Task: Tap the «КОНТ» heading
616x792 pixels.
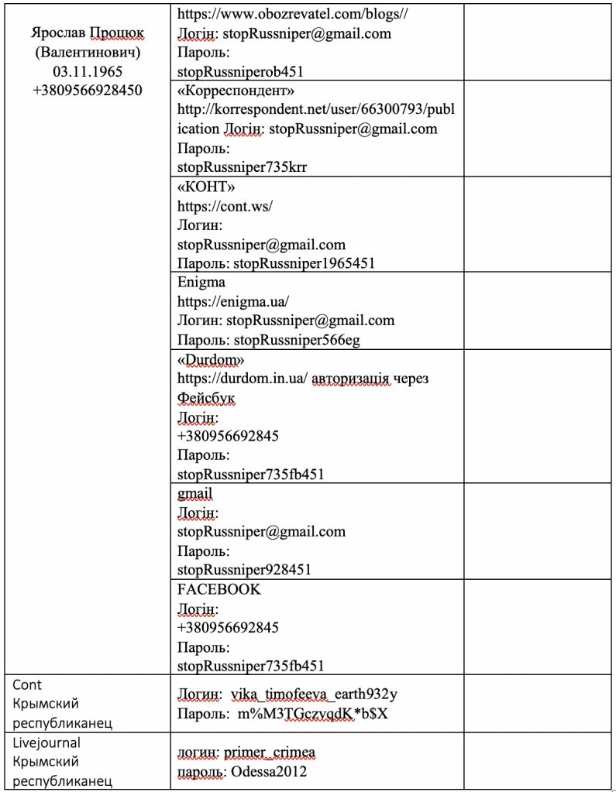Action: point(206,187)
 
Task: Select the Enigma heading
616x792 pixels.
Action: point(201,283)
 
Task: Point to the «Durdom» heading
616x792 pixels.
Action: point(211,360)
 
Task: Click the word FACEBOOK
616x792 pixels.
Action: point(219,589)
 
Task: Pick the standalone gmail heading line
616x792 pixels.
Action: point(194,493)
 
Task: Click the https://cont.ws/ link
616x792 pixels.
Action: point(225,207)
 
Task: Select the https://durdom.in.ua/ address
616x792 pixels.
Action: point(243,379)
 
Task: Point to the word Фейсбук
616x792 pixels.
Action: point(206,398)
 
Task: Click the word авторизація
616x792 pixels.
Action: point(351,379)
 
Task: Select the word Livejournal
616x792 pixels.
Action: point(46,742)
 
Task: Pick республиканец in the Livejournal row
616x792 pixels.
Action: point(63,780)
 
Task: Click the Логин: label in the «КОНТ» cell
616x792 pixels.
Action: point(199,225)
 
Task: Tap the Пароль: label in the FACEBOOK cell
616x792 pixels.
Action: point(203,646)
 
